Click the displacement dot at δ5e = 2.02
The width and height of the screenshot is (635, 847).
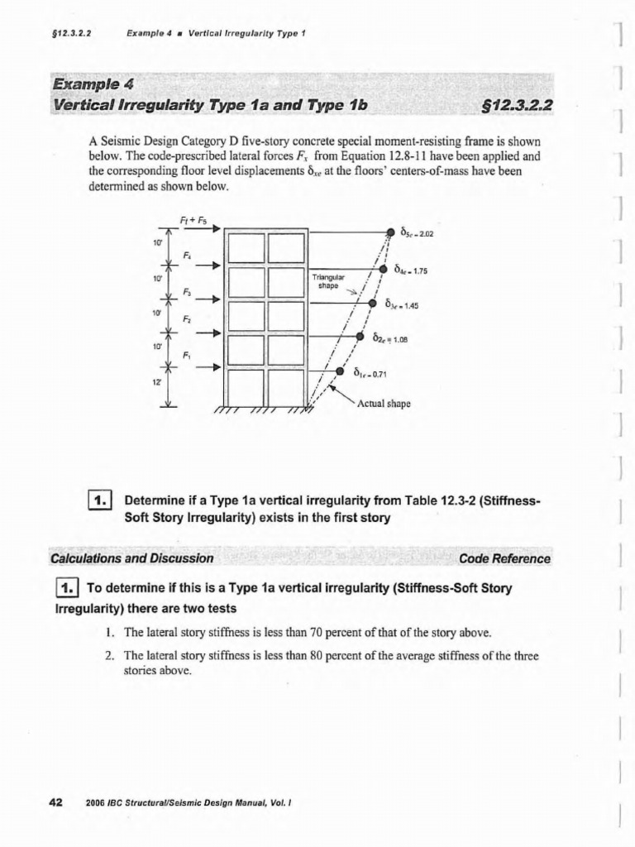pos(389,232)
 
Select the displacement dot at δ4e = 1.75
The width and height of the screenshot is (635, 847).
pos(383,268)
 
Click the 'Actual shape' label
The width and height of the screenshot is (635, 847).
pos(383,404)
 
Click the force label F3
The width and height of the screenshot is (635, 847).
pos(187,292)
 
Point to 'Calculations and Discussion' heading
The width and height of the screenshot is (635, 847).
pos(132,558)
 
